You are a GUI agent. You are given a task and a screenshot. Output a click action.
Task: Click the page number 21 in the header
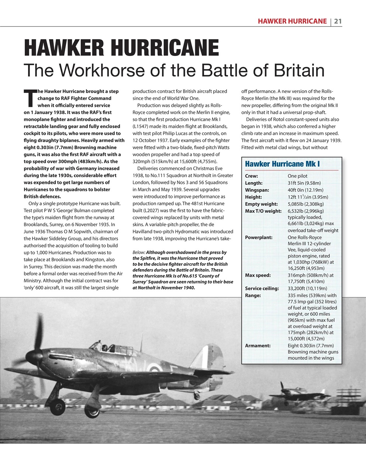[338, 21]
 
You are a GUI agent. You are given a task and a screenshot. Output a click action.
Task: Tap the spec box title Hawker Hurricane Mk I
[282, 163]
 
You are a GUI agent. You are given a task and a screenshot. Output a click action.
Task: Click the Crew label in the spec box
[251, 176]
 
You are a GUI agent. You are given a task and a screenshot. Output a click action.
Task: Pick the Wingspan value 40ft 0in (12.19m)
[305, 190]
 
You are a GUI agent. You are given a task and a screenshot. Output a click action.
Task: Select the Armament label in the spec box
[258, 346]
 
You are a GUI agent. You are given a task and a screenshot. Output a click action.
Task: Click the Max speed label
[258, 275]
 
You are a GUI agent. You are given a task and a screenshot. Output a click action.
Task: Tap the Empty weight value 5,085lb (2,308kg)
[305, 204]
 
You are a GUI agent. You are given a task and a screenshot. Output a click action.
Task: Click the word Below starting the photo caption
[138, 253]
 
